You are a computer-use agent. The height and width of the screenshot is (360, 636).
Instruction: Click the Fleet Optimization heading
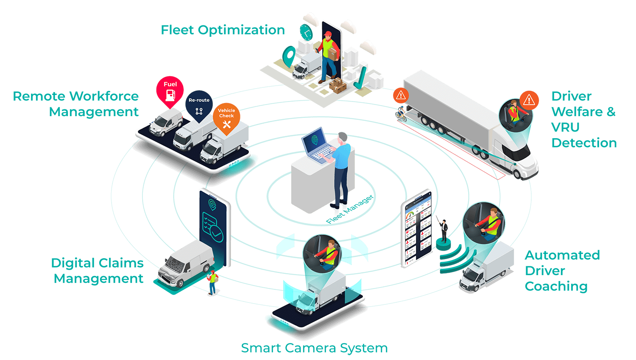click(x=223, y=30)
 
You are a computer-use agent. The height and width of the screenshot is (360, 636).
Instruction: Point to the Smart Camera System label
click(x=314, y=348)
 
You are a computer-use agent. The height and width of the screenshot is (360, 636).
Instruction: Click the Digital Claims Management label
click(x=98, y=271)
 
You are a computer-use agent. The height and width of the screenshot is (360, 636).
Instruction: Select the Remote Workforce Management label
click(x=76, y=104)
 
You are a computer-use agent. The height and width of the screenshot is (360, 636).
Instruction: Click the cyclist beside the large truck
click(x=401, y=114)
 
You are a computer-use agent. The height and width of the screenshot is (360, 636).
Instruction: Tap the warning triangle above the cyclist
click(x=401, y=95)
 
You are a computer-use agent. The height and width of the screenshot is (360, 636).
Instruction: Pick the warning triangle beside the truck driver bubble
click(x=529, y=100)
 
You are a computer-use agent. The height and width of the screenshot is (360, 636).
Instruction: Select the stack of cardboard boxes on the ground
click(x=338, y=85)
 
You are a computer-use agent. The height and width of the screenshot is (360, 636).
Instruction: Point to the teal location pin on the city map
click(x=290, y=56)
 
